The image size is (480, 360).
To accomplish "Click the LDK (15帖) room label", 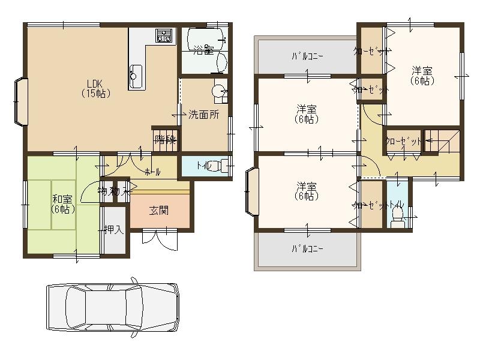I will click(95, 88).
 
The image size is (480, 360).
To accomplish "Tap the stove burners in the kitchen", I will click(164, 35).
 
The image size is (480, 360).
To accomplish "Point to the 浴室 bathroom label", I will click(204, 50).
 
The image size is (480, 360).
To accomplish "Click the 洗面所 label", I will click(203, 114).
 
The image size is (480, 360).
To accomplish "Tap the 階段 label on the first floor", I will click(166, 140).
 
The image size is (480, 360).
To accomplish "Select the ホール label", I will click(152, 172).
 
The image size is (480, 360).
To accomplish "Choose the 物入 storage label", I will click(113, 191).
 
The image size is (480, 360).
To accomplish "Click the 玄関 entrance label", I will click(159, 210).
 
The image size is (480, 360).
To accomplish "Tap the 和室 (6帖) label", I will click(63, 204).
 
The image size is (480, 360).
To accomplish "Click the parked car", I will click(112, 307).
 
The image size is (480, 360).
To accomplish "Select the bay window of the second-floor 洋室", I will click(251, 191).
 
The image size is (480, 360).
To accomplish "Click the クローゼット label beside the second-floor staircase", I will click(403, 141).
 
